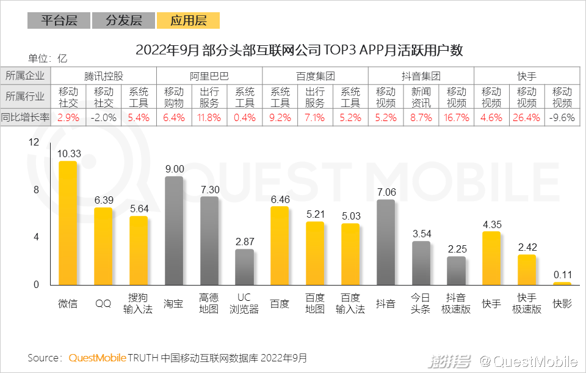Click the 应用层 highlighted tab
pos(188,20)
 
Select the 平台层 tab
pos(59,20)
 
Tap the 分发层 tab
pos(123,20)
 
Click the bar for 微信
pos(68,223)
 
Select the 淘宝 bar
pos(174,231)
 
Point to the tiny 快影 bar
pos(562,283)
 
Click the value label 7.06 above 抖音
pos(386,193)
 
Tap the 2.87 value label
pos(245,242)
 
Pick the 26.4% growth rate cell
pos(527,117)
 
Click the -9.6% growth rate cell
pos(562,117)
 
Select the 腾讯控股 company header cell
pos(104,76)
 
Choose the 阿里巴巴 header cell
pos(209,76)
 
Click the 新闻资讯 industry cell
pos(421,97)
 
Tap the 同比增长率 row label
pos(25,117)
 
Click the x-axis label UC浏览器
pos(245,303)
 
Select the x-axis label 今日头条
pos(421,303)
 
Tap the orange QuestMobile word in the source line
pos(98,358)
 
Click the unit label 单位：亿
pos(47,59)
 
